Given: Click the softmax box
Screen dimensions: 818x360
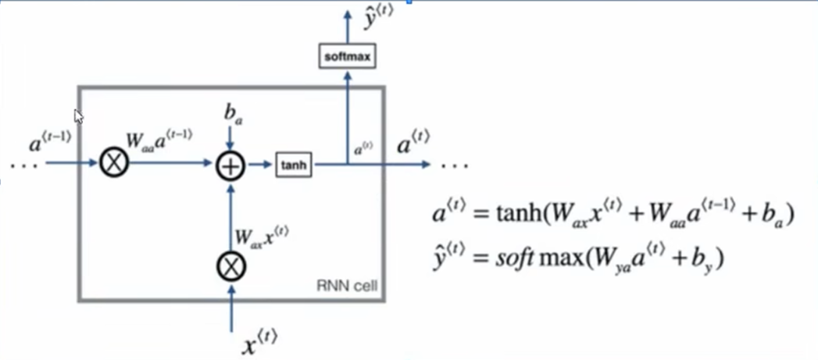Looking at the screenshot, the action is click(347, 56).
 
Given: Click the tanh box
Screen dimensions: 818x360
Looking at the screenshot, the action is click(295, 166).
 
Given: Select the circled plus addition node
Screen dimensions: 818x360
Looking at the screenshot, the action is click(230, 166).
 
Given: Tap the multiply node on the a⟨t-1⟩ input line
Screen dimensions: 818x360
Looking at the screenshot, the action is click(114, 162).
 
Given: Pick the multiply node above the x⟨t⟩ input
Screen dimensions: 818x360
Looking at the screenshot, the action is click(231, 267).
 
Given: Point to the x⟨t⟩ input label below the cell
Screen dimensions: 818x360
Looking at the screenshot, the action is click(259, 342).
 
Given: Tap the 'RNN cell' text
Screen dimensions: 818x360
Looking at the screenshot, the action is click(347, 286).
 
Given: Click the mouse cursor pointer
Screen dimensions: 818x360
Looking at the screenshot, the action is click(78, 116).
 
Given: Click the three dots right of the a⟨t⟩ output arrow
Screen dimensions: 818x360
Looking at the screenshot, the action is click(455, 166).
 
